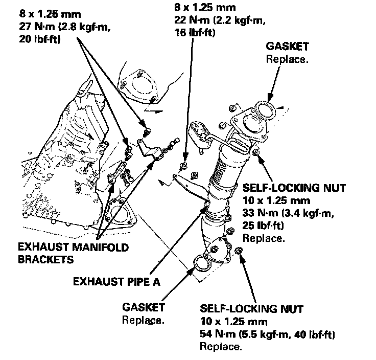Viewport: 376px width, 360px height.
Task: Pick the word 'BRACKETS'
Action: pyautogui.click(x=45, y=259)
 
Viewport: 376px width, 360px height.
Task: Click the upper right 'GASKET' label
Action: pyautogui.click(x=288, y=47)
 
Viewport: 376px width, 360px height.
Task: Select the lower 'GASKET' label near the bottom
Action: pyautogui.click(x=144, y=308)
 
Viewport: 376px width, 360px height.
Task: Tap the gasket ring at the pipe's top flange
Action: pyautogui.click(x=266, y=109)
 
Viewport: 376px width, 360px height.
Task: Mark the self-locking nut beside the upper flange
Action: pyautogui.click(x=256, y=153)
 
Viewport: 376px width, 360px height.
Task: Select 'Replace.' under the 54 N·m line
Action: pyautogui.click(x=220, y=347)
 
